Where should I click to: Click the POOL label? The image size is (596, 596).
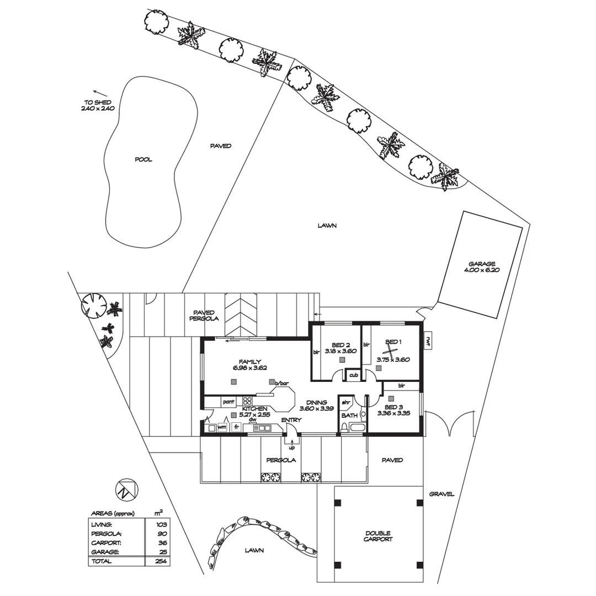(143, 159)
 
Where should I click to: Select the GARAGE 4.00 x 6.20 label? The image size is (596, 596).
(482, 267)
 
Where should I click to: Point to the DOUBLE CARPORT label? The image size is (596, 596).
(379, 536)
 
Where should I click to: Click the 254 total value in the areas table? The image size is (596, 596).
(161, 561)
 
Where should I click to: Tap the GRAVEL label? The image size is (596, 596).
(441, 494)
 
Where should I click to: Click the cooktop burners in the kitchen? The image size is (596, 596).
(247, 401)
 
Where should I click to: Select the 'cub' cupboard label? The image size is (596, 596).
(354, 375)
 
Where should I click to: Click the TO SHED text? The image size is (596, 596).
(98, 102)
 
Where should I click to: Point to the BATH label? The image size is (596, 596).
(349, 416)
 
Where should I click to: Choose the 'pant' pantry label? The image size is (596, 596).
(229, 401)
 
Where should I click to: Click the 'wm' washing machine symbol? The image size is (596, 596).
(222, 427)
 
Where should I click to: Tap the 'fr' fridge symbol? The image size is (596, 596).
(236, 427)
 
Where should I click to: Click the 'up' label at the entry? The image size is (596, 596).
(292, 448)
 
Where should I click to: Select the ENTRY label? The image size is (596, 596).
(291, 420)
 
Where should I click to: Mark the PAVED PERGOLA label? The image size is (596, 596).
(204, 316)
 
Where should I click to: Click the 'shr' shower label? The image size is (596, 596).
(346, 402)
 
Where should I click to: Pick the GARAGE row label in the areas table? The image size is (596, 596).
(105, 552)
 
